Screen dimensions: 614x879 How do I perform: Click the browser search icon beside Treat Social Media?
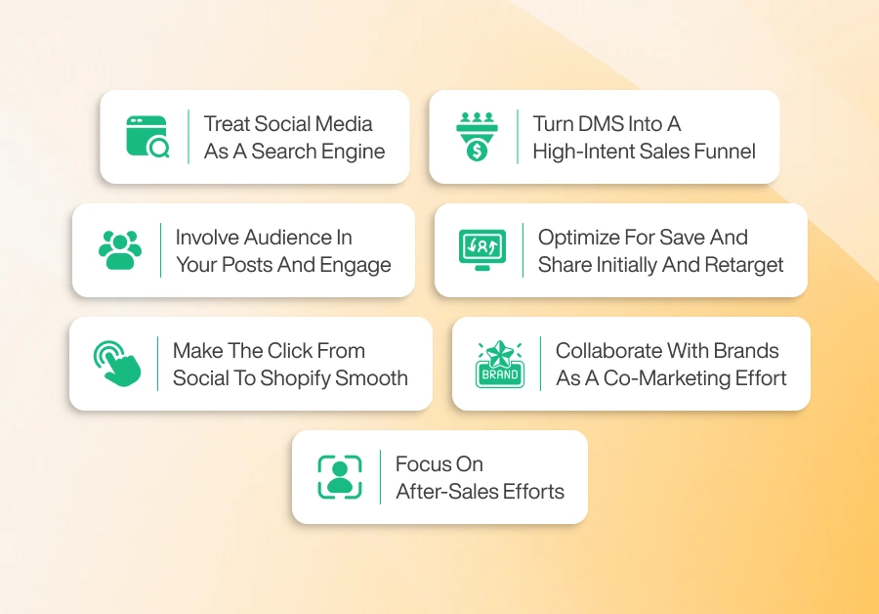click(147, 137)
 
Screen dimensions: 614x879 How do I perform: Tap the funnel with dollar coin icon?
click(477, 137)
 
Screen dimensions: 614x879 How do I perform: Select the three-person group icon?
click(120, 250)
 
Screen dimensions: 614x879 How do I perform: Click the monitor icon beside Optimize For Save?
click(482, 250)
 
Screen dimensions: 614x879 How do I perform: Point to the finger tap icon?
click(117, 364)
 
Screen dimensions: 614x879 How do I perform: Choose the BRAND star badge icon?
click(499, 364)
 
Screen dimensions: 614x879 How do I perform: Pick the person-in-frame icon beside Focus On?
click(340, 477)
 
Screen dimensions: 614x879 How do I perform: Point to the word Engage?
click(356, 265)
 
